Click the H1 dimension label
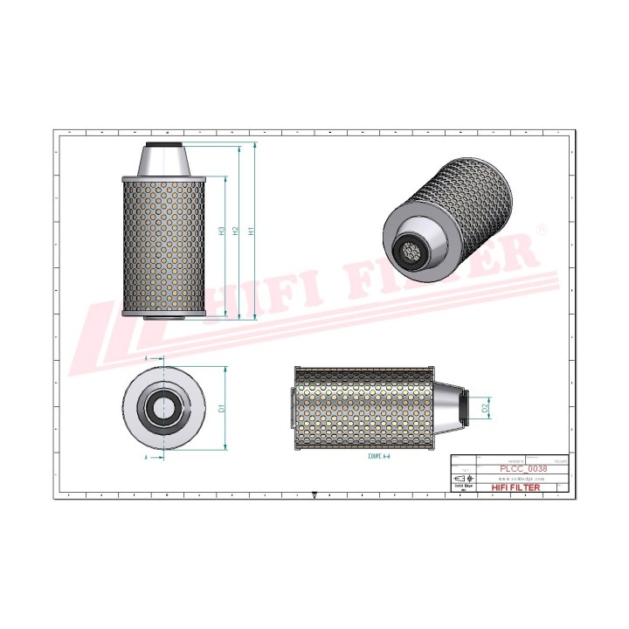click(x=252, y=232)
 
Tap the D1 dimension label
click(x=222, y=407)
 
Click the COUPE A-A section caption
click(x=371, y=455)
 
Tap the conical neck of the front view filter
click(x=163, y=162)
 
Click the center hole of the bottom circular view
click(x=163, y=407)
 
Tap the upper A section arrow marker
click(x=145, y=358)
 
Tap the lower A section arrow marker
click(x=145, y=456)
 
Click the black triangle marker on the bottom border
click(x=314, y=492)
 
